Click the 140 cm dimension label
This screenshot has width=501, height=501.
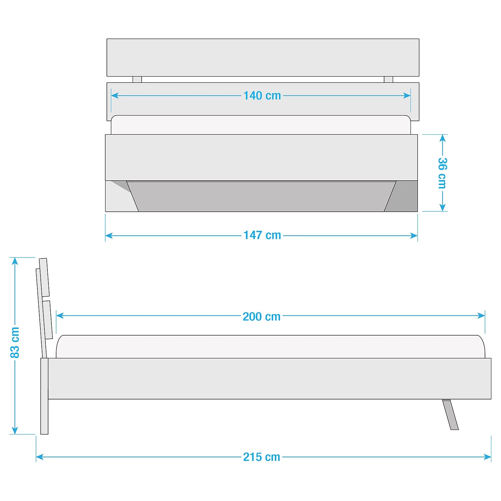coord(262,96)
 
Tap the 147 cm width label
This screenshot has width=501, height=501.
coord(262,235)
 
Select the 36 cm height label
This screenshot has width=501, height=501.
coord(442,173)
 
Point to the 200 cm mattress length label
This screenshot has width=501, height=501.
coord(262,316)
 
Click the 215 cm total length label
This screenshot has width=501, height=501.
coord(262,457)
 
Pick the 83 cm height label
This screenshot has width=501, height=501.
coord(15,342)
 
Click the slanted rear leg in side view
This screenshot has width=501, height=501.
coord(450,414)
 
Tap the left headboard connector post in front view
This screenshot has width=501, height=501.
coord(137,79)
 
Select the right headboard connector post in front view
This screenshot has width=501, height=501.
coord(388,79)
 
